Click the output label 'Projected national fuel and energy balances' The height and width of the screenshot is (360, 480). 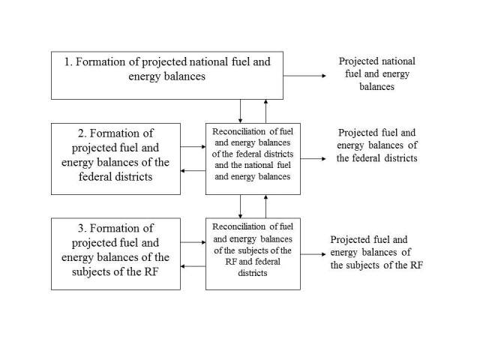coord(376,73)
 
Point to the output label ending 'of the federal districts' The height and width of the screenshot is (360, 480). coord(376,145)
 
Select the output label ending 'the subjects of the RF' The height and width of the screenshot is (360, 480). coord(376,252)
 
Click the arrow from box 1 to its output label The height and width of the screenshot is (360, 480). coord(305,76)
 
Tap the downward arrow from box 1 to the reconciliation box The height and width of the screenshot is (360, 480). coord(240,112)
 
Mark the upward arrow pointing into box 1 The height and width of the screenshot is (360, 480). coord(265,112)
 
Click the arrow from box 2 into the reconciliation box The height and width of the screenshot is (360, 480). coord(193,147)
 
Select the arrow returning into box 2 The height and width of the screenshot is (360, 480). coord(193,170)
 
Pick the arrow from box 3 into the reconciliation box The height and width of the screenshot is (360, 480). coord(193,242)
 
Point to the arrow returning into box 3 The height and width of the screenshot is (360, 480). coord(193,266)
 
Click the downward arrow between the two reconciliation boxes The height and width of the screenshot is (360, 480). coord(240,206)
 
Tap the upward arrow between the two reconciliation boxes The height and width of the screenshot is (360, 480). coord(265,206)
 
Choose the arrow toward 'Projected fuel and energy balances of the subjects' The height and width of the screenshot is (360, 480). coord(313,254)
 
